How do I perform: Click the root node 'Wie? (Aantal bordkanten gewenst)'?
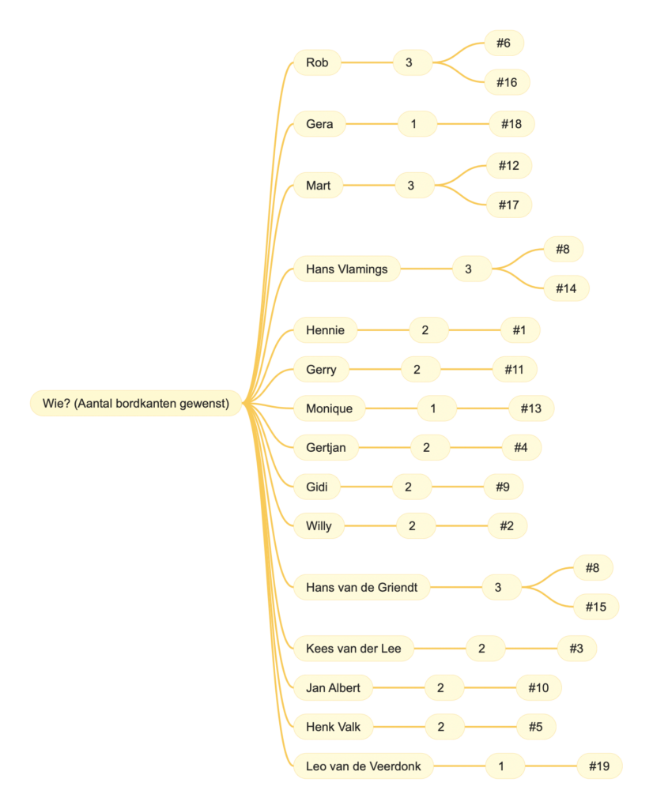tap(136, 404)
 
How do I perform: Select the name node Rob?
tap(317, 62)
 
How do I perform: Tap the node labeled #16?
tap(507, 82)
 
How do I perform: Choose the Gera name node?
tap(319, 124)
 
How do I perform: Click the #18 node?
tap(511, 124)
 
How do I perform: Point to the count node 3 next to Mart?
tap(410, 186)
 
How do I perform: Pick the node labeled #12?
tap(508, 166)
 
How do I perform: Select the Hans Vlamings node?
tap(346, 269)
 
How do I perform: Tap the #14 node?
tap(566, 288)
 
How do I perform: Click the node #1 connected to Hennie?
tap(519, 330)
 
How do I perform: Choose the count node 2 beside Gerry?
tap(416, 369)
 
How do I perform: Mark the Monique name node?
tap(329, 408)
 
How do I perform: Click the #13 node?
tap(531, 408)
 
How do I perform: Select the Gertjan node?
tap(326, 448)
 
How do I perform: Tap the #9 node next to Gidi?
tap(503, 487)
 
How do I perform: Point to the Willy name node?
tap(319, 526)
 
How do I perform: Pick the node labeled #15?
tap(595, 607)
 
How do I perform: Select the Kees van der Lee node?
tap(353, 649)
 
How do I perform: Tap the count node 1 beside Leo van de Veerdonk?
tap(500, 766)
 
